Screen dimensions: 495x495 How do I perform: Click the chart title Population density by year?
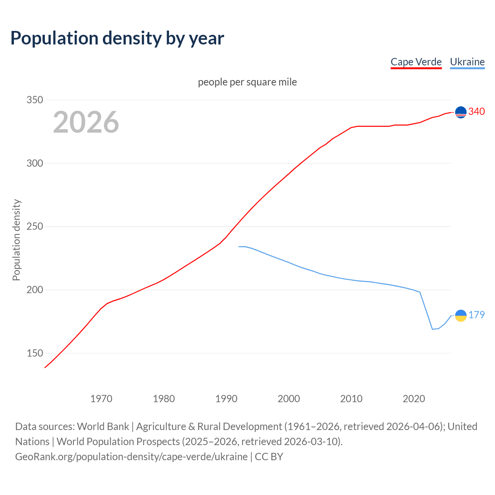(117, 38)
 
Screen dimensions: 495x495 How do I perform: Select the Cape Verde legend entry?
(416, 62)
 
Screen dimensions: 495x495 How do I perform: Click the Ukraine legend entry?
(467, 62)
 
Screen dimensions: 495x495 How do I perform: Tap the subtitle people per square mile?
(247, 82)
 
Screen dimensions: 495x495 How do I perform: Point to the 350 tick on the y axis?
(34, 100)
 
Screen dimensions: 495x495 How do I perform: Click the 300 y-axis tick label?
(34, 163)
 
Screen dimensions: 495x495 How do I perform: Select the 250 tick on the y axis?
(34, 227)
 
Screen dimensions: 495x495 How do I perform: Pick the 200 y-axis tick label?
(34, 290)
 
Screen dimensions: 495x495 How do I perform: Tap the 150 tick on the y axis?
(34, 353)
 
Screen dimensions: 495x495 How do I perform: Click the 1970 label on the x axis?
(101, 398)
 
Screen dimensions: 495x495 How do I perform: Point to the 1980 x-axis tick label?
(164, 398)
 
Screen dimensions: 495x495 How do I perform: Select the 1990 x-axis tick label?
(226, 398)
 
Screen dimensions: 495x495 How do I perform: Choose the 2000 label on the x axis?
(289, 398)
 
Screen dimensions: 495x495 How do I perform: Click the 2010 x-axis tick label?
(351, 398)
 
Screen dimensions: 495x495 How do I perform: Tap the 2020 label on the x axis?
(414, 398)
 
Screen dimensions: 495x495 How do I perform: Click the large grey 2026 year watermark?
(86, 122)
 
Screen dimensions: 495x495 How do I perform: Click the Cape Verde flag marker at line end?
(461, 112)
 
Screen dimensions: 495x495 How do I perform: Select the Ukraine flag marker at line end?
(461, 316)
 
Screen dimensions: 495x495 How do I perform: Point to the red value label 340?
(476, 111)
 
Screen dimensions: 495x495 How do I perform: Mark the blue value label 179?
(476, 315)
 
